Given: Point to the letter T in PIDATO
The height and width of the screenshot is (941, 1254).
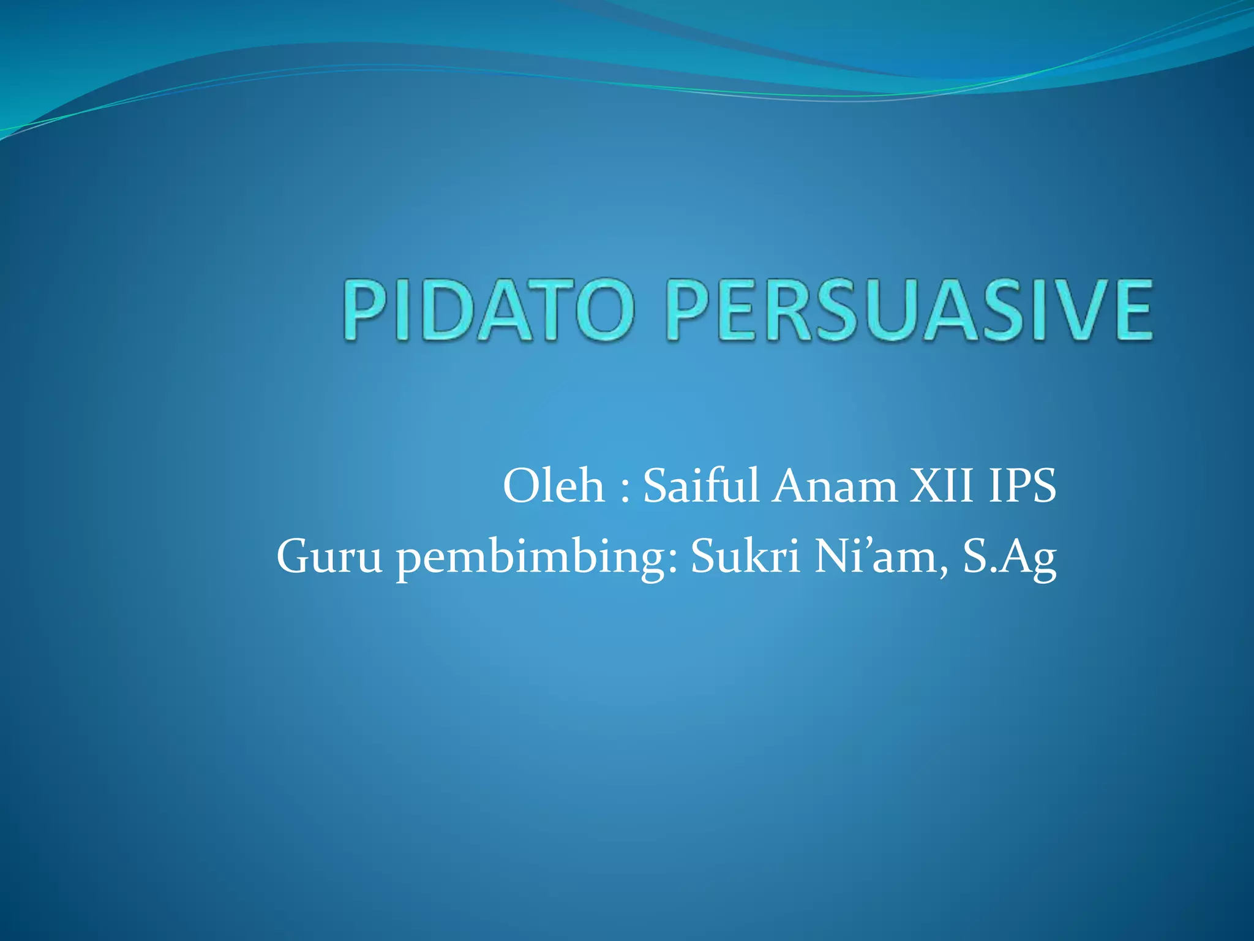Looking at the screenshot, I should click(x=546, y=310).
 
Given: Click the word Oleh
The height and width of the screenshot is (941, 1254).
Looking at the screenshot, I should click(x=554, y=486).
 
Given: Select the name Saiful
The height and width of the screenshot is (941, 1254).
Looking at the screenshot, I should click(x=701, y=486).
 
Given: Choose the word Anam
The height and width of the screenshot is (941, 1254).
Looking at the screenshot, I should click(x=834, y=486).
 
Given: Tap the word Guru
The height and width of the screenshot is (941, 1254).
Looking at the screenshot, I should click(x=329, y=557).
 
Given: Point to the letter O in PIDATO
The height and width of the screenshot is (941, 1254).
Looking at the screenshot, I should click(x=598, y=310).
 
